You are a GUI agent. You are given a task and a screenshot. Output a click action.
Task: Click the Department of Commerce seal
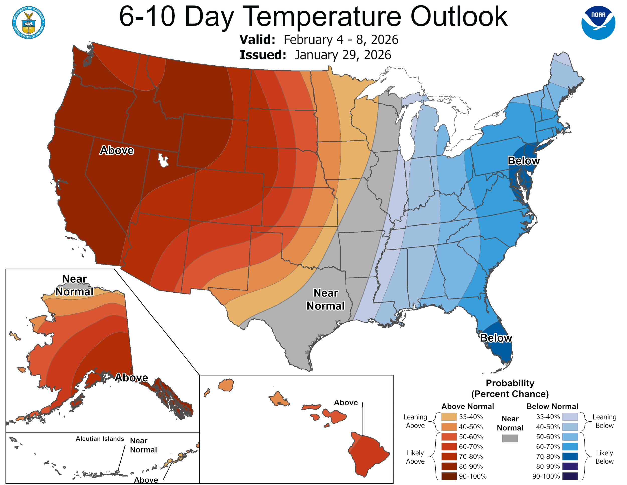[28, 22]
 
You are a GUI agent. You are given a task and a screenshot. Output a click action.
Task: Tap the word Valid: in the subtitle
[257, 40]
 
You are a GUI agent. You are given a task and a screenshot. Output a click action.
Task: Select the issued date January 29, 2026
[343, 55]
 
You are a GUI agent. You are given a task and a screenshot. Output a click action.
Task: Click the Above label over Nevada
[117, 150]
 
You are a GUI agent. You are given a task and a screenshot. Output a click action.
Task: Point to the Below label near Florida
[496, 338]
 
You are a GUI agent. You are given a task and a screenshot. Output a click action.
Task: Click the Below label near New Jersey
[523, 161]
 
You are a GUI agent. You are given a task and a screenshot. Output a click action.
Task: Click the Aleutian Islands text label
[100, 439]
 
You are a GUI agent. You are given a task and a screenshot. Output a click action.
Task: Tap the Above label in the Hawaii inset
[346, 403]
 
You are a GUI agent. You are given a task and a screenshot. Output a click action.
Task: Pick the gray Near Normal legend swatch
[510, 438]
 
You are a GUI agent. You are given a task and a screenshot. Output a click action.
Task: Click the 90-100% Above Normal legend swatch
[449, 476]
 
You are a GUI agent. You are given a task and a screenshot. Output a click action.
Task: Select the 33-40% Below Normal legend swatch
[570, 417]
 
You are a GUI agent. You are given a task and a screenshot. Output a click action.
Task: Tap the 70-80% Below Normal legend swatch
[570, 457]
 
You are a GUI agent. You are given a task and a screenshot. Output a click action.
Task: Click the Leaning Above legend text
[415, 421]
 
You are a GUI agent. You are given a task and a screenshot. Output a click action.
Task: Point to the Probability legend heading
[510, 383]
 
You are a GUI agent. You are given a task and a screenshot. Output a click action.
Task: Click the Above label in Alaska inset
[131, 378]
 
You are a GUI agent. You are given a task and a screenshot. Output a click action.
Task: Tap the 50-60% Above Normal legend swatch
[449, 437]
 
